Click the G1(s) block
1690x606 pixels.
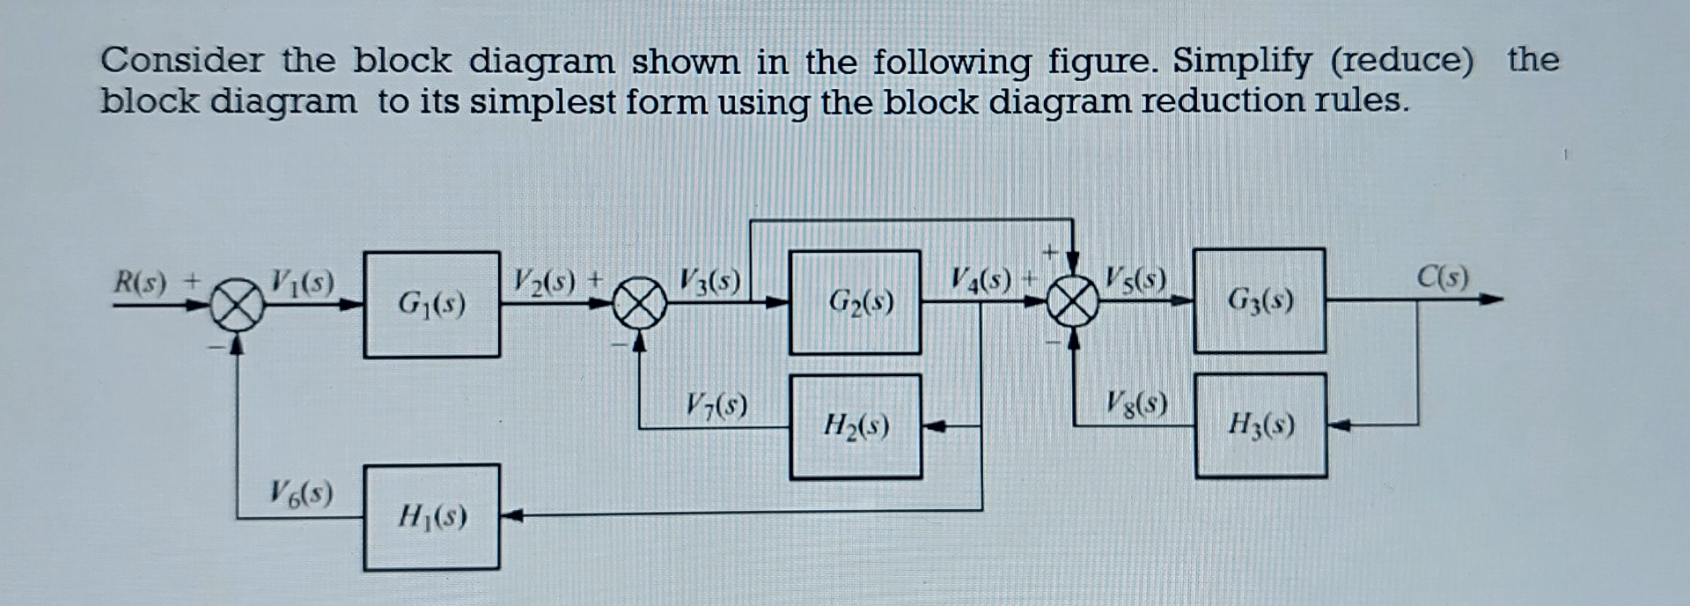tap(431, 305)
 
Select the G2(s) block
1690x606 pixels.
tap(856, 303)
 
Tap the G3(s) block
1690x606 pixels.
tap(1260, 301)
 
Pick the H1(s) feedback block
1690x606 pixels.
tap(431, 517)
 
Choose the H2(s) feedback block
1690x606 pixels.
tap(856, 427)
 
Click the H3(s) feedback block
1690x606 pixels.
tap(1260, 426)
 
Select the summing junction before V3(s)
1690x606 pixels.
tap(640, 304)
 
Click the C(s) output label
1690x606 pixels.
tap(1442, 277)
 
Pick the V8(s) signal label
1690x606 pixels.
tap(1136, 403)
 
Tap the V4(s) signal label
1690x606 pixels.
tap(981, 281)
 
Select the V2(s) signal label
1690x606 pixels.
tap(545, 282)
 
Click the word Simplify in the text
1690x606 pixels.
tap(1241, 61)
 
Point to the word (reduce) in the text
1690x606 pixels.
tap(1401, 61)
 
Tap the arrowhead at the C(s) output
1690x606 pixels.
tap(1490, 299)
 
